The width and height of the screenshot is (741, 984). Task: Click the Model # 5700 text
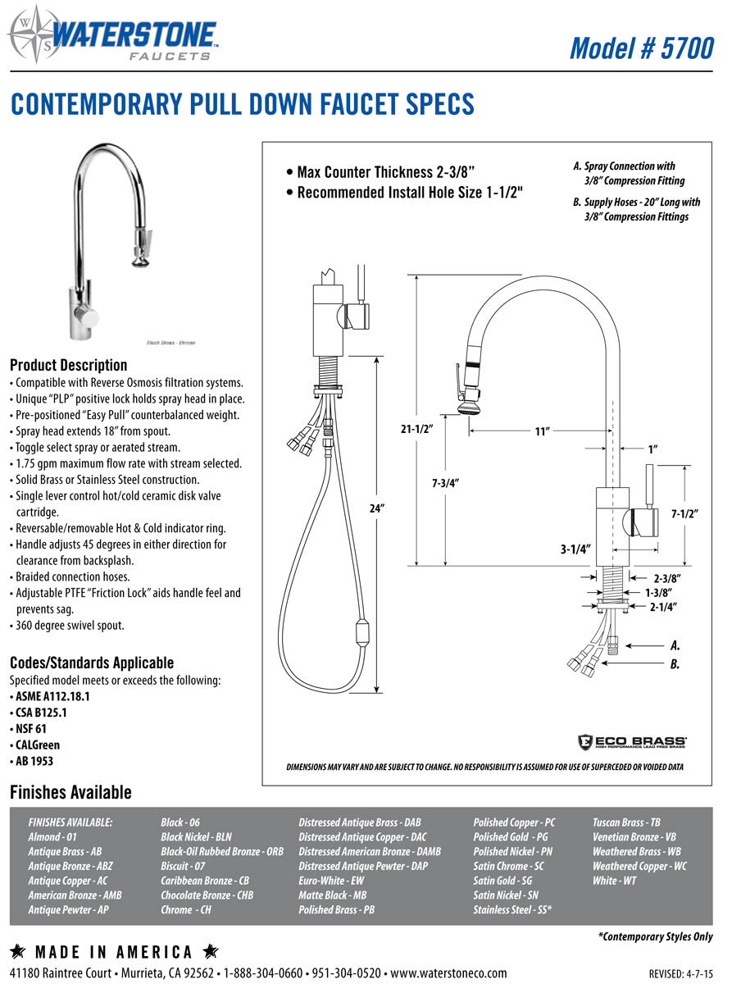pos(641,48)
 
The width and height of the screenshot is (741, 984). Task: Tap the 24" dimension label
pos(377,508)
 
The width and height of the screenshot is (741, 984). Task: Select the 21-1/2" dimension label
pos(416,428)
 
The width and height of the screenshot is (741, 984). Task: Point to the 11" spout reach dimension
pos(541,431)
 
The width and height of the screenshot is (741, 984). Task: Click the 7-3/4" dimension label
pos(445,483)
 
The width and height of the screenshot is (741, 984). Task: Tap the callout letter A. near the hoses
pos(675,645)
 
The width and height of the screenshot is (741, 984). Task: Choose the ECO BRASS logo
pos(632,741)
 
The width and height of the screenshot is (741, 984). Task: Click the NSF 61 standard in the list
pos(34,728)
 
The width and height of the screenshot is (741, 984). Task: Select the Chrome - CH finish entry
pos(186,910)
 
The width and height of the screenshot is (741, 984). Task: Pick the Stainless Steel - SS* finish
pos(512,910)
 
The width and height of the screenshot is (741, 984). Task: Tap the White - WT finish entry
pos(615,881)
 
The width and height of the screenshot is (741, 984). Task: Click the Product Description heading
pos(69,365)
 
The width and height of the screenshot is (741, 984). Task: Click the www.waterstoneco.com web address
pos(448,973)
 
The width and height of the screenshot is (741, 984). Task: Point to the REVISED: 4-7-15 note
pos(680,973)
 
